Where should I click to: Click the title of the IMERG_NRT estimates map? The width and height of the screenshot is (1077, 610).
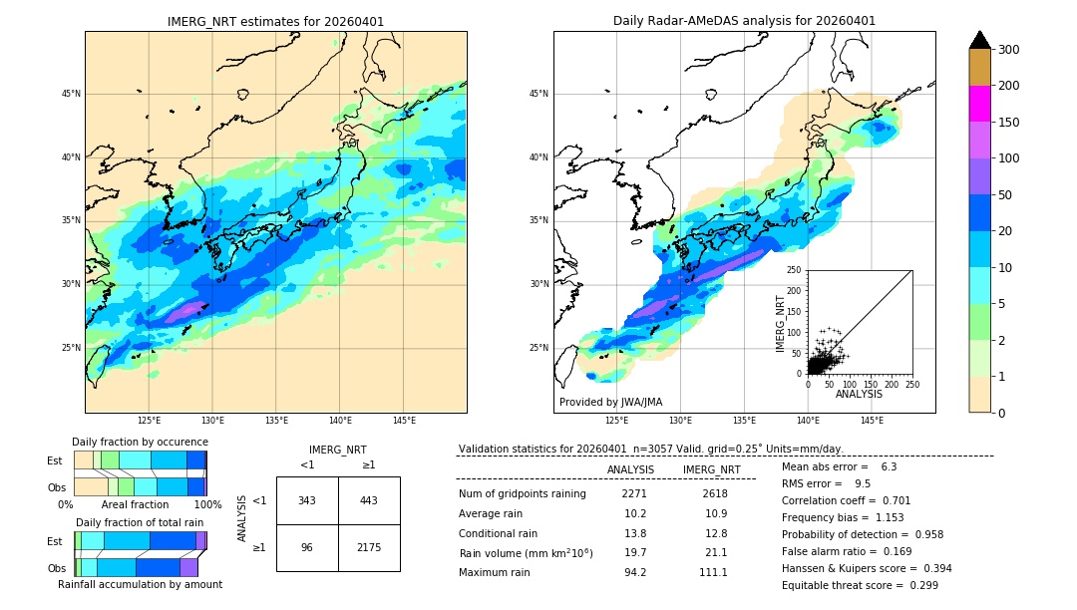coord(275,21)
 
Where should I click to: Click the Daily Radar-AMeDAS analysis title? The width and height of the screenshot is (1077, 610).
coord(744,21)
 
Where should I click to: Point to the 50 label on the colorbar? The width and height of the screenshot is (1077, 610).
coord(1007,195)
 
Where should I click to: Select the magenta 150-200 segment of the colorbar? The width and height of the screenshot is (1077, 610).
coord(979,104)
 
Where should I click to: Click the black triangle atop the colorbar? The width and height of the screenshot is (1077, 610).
coord(979,40)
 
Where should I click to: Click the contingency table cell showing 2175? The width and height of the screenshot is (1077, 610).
coord(369,548)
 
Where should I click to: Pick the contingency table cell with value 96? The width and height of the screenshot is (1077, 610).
coord(307,548)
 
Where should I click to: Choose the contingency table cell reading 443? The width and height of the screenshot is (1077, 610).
coord(369,500)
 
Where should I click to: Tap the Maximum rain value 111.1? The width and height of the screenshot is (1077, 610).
coord(714,573)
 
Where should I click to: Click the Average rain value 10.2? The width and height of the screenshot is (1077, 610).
coord(635,514)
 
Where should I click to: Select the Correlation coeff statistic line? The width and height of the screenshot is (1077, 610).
coord(846,500)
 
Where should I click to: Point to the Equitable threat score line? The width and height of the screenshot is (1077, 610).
coord(860,585)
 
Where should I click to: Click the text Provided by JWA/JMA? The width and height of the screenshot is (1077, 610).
coord(610,403)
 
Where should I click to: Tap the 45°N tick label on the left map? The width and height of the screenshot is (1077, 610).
coord(71,94)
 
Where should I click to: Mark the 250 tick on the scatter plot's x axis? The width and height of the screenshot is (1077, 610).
coord(912,384)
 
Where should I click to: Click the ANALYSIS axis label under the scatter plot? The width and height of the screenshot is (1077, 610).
coord(859,394)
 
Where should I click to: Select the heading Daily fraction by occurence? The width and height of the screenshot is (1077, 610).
coord(140,442)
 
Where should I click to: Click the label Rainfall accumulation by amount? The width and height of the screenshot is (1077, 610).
coord(140,584)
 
